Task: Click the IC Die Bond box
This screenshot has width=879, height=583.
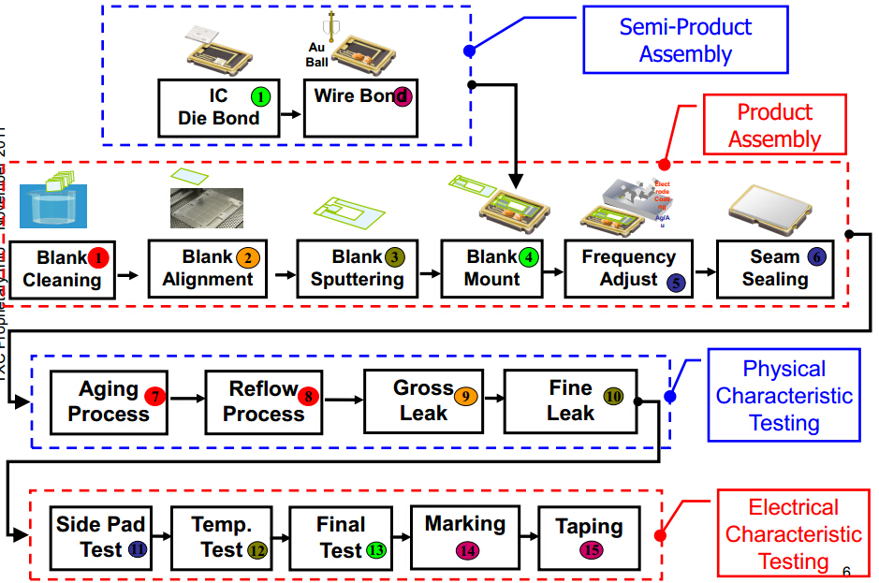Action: (x=218, y=108)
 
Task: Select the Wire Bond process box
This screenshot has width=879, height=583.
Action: (x=361, y=108)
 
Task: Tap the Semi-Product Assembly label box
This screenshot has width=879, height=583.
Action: (x=685, y=39)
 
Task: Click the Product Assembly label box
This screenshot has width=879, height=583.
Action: (x=774, y=124)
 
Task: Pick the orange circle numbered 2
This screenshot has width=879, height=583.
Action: (x=247, y=257)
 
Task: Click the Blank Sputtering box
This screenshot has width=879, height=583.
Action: (x=357, y=269)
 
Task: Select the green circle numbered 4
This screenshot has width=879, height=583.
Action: (x=531, y=256)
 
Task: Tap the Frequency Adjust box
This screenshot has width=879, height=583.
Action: (x=628, y=269)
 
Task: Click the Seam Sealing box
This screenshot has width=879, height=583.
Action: (x=774, y=269)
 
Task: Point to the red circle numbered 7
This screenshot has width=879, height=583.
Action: (x=154, y=396)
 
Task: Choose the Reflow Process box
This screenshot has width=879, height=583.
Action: (x=263, y=401)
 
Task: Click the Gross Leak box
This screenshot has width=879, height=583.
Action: (x=423, y=401)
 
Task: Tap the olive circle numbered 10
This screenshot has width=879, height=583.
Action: (x=613, y=396)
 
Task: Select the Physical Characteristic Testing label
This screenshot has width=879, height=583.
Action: (x=784, y=396)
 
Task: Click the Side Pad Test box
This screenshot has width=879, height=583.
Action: (x=100, y=537)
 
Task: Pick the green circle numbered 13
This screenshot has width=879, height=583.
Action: (x=377, y=550)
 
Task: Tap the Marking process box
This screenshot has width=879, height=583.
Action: (x=465, y=537)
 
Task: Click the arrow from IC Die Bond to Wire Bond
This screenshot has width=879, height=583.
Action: (x=292, y=114)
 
